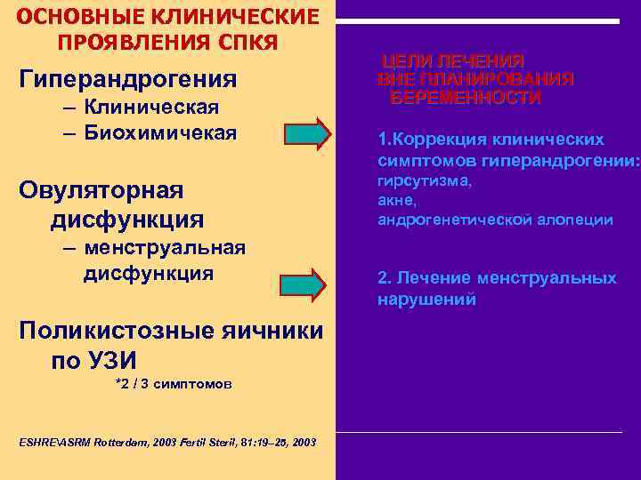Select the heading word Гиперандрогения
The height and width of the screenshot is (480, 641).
[127, 79]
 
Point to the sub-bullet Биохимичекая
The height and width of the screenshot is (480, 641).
[161, 133]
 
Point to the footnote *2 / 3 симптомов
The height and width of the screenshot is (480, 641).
[174, 384]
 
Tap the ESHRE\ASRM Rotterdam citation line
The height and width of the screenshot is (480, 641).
[166, 442]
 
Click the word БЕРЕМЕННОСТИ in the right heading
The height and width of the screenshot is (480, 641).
[466, 98]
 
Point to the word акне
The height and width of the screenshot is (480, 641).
[396, 200]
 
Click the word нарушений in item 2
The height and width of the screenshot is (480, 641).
[426, 300]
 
